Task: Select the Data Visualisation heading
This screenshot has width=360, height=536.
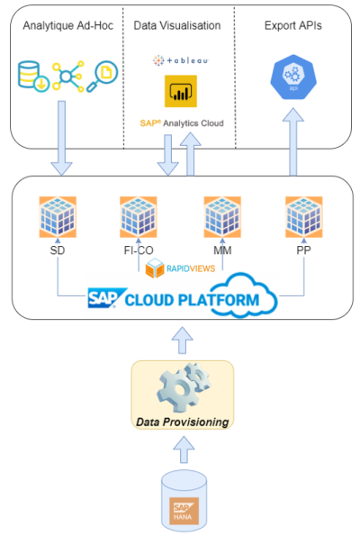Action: click(178, 26)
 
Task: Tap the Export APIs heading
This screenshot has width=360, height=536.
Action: click(293, 26)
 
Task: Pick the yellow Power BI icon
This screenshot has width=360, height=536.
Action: click(180, 91)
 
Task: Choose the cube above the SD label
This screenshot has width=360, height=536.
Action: click(58, 217)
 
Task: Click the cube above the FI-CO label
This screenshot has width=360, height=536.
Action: click(139, 217)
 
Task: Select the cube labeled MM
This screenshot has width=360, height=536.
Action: click(221, 217)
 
